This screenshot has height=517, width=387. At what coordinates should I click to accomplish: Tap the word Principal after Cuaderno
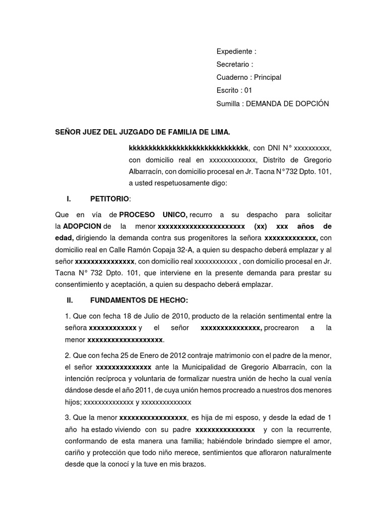(x=267, y=78)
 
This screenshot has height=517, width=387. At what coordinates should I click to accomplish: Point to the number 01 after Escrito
(x=247, y=91)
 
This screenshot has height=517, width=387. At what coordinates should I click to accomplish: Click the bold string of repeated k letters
(x=188, y=147)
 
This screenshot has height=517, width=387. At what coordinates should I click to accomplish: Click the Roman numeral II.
(x=70, y=300)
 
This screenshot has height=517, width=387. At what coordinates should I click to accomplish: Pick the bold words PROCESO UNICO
(x=153, y=215)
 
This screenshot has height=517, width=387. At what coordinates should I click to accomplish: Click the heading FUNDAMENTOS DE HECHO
(x=139, y=300)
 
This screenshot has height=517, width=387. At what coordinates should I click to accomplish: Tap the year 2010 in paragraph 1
(x=179, y=316)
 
